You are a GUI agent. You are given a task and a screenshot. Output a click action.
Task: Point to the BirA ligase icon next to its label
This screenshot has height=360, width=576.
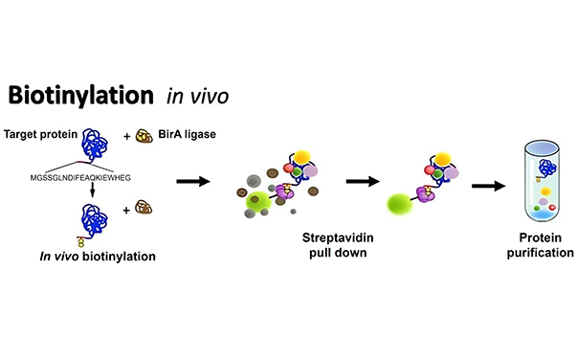148,135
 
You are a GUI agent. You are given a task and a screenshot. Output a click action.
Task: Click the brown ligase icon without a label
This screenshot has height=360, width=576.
144,206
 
